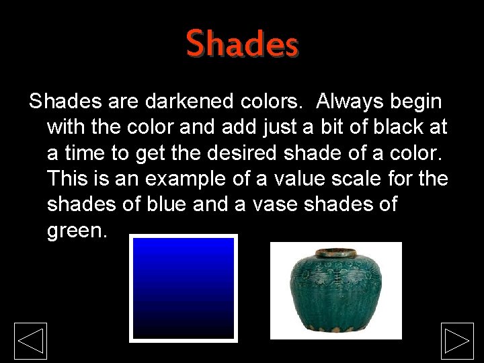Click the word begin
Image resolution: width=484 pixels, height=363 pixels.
415,102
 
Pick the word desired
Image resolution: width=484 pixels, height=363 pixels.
241,153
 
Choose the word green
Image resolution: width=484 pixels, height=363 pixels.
76,231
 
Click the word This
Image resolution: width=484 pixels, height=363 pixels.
68,179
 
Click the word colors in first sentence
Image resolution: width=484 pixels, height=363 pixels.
270,102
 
